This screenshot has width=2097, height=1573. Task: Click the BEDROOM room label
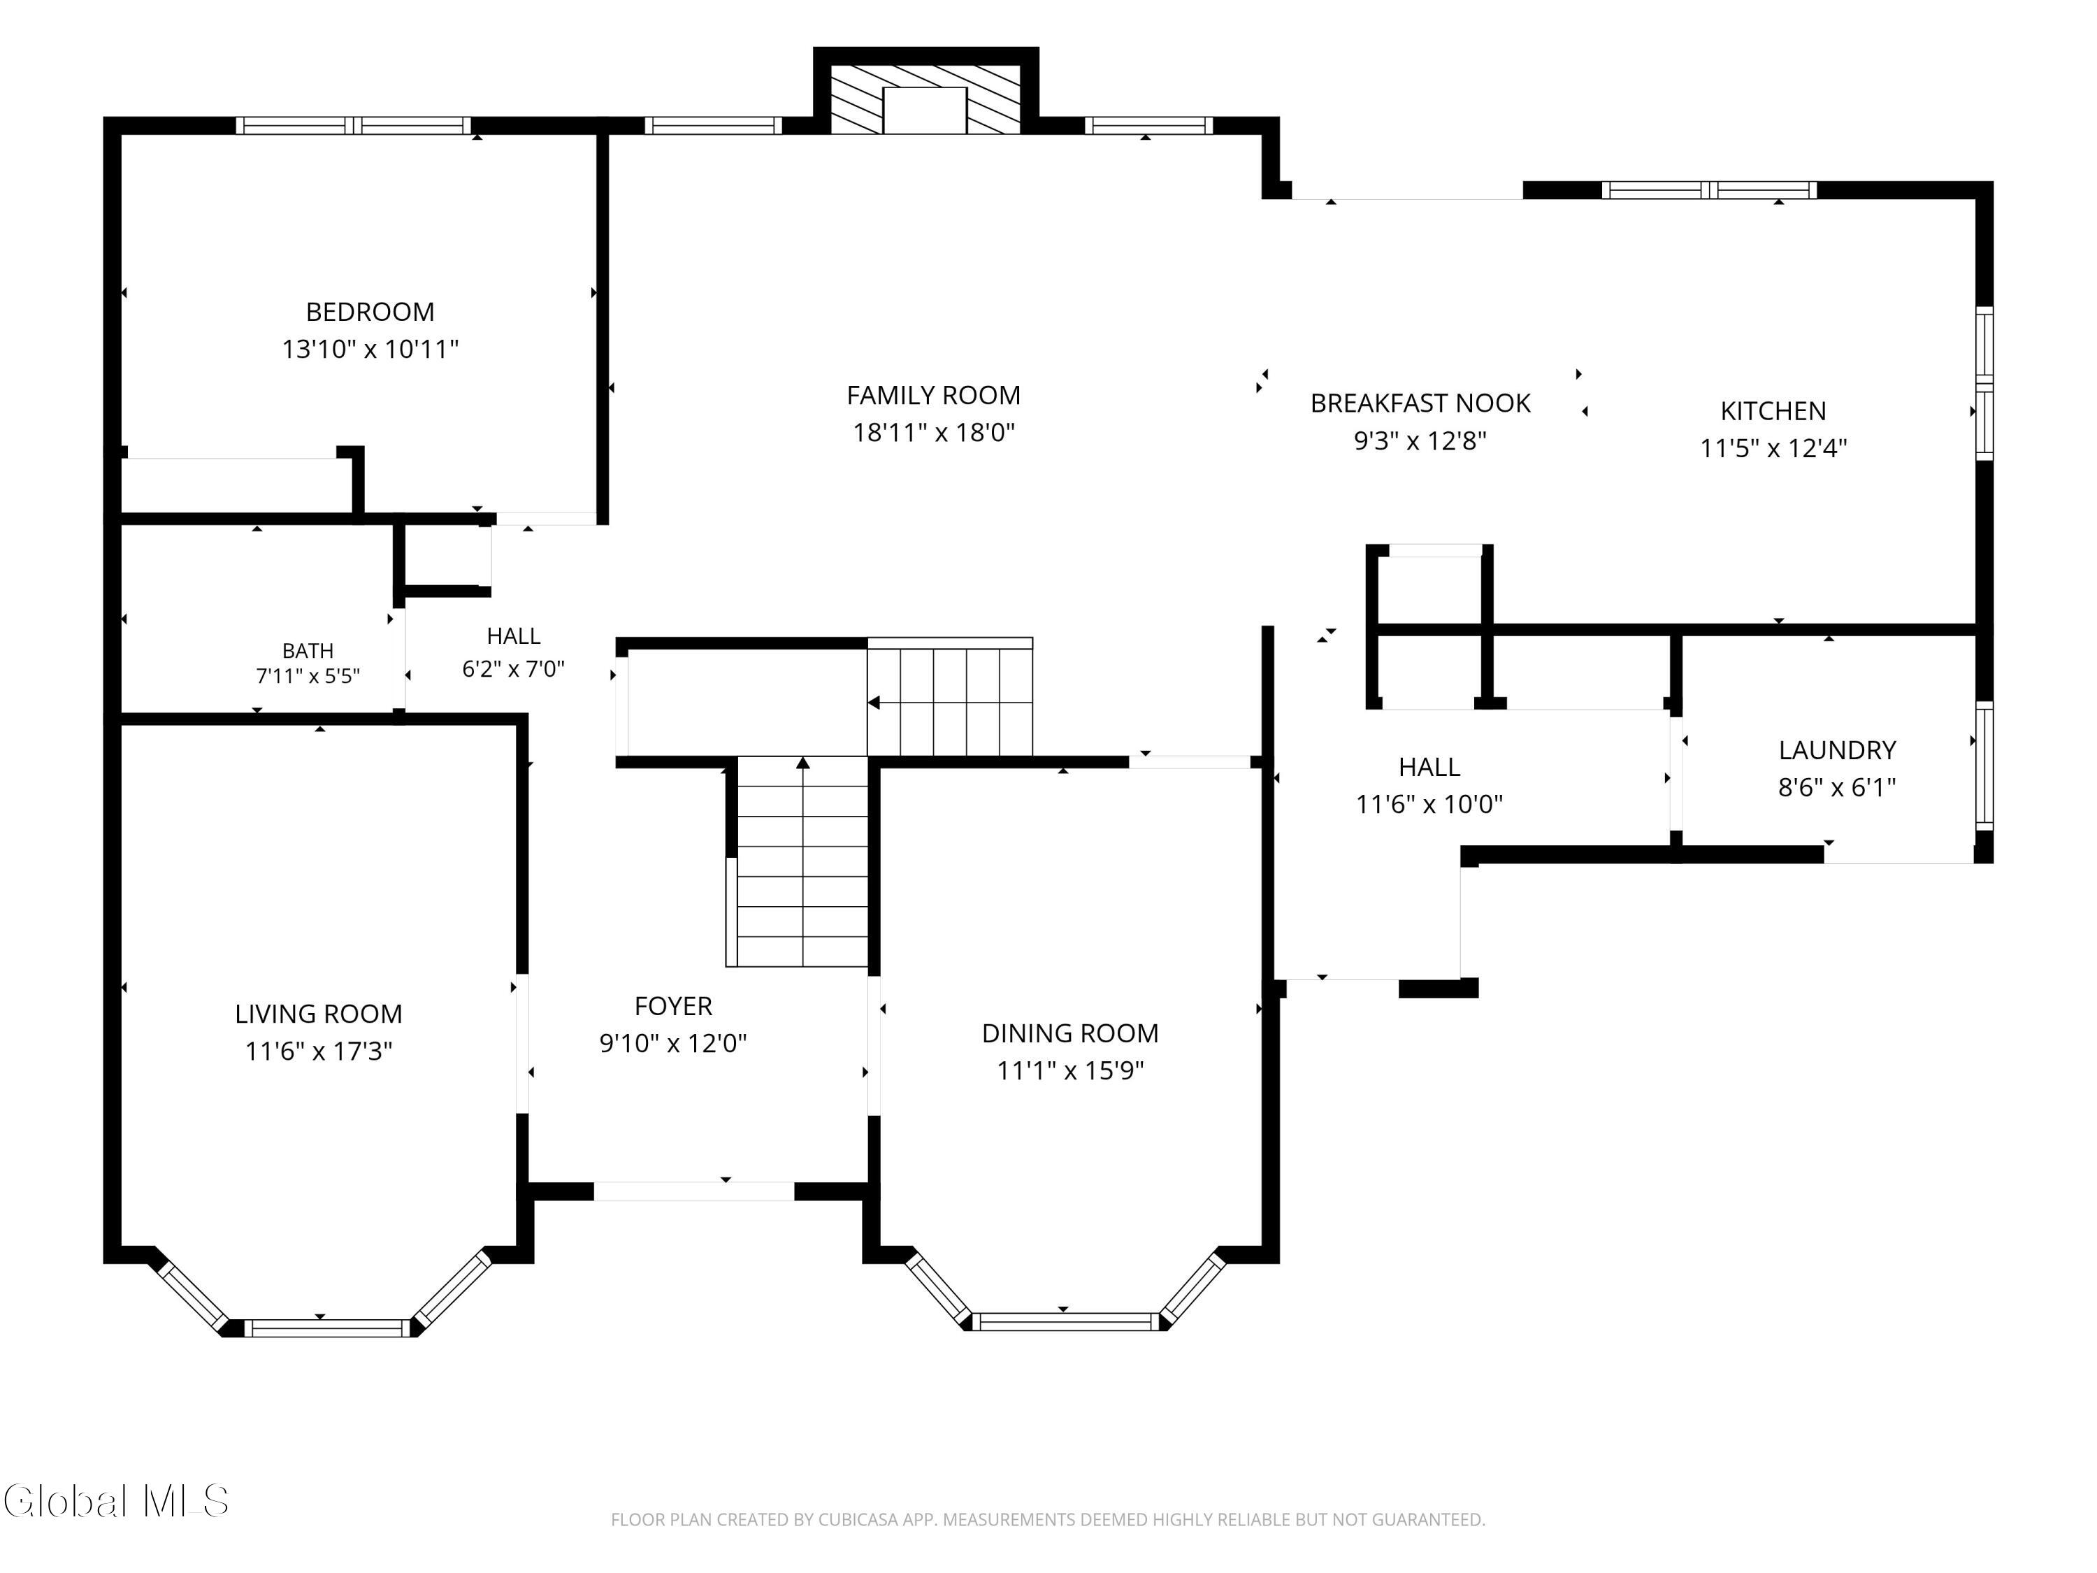click(x=370, y=312)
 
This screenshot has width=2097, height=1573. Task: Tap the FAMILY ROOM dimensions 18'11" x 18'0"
click(x=934, y=432)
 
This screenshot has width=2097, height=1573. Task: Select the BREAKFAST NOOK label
click(x=1420, y=403)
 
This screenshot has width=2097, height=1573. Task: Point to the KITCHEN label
click(x=1773, y=410)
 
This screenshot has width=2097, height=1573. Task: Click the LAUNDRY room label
click(x=1837, y=750)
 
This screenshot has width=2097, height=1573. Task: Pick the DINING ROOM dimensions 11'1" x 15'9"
click(x=1070, y=1070)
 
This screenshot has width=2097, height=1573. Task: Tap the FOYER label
click(x=673, y=1006)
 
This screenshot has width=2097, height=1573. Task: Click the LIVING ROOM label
click(x=319, y=1014)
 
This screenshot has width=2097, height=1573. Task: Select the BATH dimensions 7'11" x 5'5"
click(x=308, y=676)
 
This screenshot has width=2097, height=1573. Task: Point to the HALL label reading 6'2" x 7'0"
click(x=514, y=636)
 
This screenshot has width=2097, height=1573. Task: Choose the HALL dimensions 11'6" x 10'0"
click(x=1429, y=804)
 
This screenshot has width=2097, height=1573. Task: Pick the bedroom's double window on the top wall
click(x=354, y=125)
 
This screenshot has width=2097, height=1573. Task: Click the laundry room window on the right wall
click(x=1983, y=765)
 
